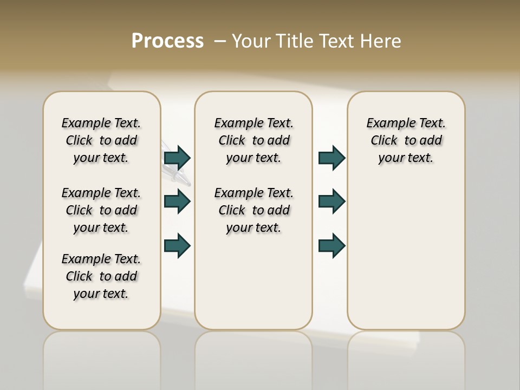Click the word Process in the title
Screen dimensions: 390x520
tap(167, 41)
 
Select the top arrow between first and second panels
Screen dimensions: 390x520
tap(177, 158)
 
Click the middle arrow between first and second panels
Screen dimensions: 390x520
tap(177, 201)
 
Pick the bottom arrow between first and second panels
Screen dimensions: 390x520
tap(177, 245)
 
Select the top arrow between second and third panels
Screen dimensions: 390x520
tap(331, 158)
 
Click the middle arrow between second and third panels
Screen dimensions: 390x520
tap(331, 201)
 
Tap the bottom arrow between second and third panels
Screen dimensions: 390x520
tap(331, 245)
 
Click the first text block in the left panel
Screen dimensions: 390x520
tap(101, 140)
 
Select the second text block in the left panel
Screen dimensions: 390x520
tap(101, 210)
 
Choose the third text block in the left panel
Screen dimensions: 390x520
tap(101, 276)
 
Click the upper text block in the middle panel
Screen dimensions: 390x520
tap(253, 140)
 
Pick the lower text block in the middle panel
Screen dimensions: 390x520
tap(253, 210)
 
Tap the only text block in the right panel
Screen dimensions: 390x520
tap(406, 140)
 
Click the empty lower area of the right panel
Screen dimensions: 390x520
tap(406, 255)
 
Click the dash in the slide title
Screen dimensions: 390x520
tap(220, 41)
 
